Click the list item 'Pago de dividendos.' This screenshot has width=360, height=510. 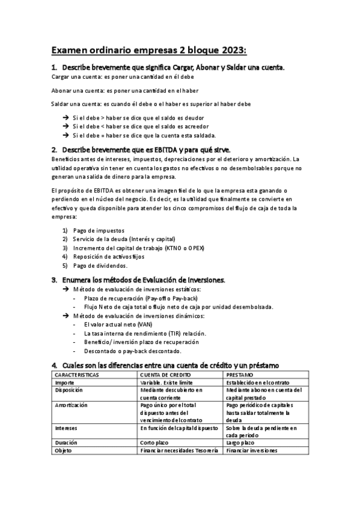(x=100, y=265)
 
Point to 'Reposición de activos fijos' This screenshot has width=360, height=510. (x=110, y=256)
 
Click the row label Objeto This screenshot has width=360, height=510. (x=63, y=450)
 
